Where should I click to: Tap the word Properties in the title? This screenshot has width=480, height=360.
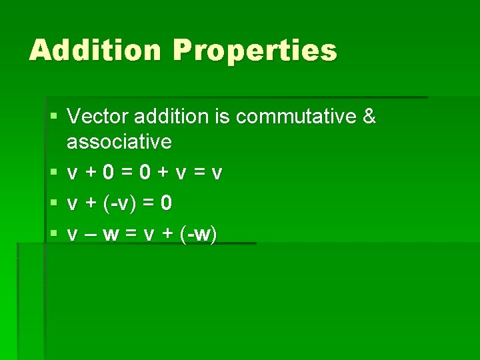tap(256, 51)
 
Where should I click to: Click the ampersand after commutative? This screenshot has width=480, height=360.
tap(369, 117)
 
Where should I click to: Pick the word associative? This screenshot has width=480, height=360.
tap(119, 141)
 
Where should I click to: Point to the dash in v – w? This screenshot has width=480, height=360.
tap(92, 234)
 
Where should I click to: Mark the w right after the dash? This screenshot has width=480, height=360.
tap(112, 234)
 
